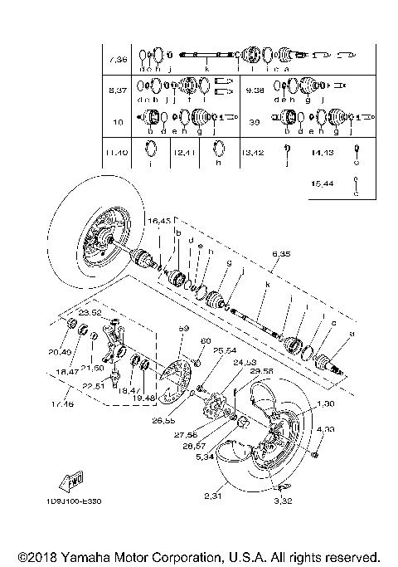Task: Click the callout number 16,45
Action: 159,221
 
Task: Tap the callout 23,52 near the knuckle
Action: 90,313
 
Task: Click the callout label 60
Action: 206,341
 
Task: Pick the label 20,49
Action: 59,350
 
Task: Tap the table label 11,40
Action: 117,153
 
